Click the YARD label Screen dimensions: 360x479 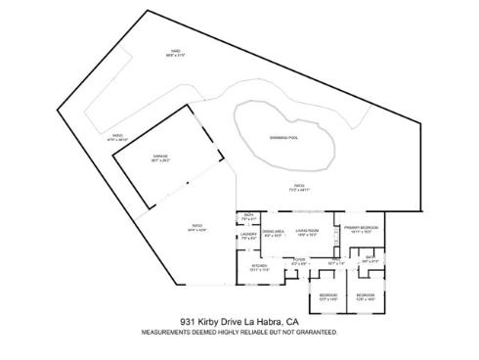click(176, 53)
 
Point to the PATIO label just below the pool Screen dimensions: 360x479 click(300, 186)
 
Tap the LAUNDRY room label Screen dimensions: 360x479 click(248, 234)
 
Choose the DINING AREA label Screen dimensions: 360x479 click(272, 232)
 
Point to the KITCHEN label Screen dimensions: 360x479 click(260, 266)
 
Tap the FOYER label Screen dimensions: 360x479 click(300, 260)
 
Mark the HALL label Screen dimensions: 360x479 click(336, 260)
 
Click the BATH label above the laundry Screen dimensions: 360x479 click(248, 215)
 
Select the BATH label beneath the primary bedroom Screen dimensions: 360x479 click(370, 259)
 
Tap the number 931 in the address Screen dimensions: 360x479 click(189, 320)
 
